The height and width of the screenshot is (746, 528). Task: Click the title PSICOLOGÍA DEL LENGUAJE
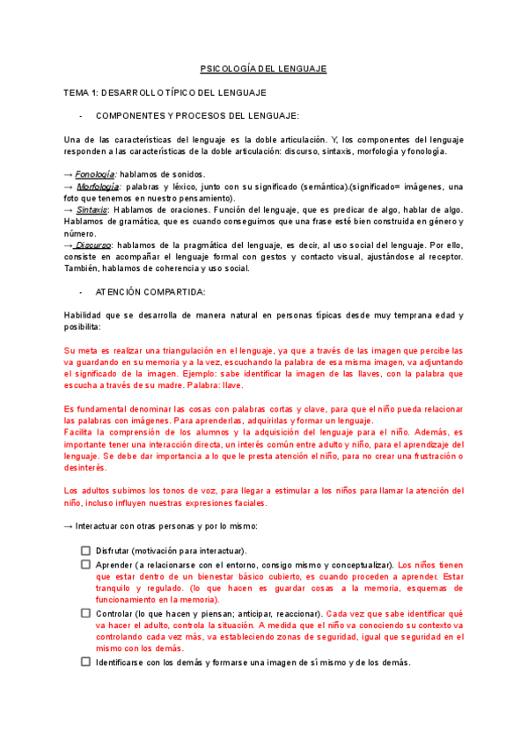pos(263,68)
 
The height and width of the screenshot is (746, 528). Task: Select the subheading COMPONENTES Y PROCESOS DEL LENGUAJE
pos(197,116)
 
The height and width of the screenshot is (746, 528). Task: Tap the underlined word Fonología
pos(95,174)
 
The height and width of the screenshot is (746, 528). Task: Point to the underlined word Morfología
pos(98,186)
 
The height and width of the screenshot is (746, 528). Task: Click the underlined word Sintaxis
pos(92,210)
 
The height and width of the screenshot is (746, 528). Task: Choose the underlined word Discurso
pos(93,245)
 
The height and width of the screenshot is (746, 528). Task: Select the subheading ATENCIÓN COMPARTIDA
pos(150,291)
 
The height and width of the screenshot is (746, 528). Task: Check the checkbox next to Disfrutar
pos(85,550)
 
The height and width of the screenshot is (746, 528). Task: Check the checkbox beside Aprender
pos(85,563)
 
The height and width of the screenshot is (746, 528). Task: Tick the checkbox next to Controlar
pos(85,612)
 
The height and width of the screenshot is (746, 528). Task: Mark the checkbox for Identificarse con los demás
pos(85,662)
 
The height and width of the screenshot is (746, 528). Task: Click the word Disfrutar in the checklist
pos(115,551)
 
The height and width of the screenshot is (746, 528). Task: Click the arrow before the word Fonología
pos(70,174)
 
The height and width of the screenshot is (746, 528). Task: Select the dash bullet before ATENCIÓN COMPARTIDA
pos(81,291)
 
